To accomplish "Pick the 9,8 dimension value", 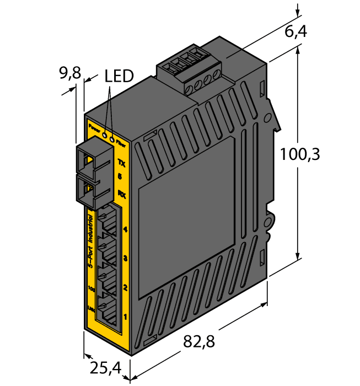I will coord(70,72).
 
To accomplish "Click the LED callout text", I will coord(119,76).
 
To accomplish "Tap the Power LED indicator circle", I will coord(105,132).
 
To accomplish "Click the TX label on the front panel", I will coord(122,162).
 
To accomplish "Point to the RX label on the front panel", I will coord(122,193).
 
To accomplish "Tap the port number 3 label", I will coord(125,258).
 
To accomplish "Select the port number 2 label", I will coord(125,287).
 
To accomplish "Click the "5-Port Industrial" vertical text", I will coord(91,243).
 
